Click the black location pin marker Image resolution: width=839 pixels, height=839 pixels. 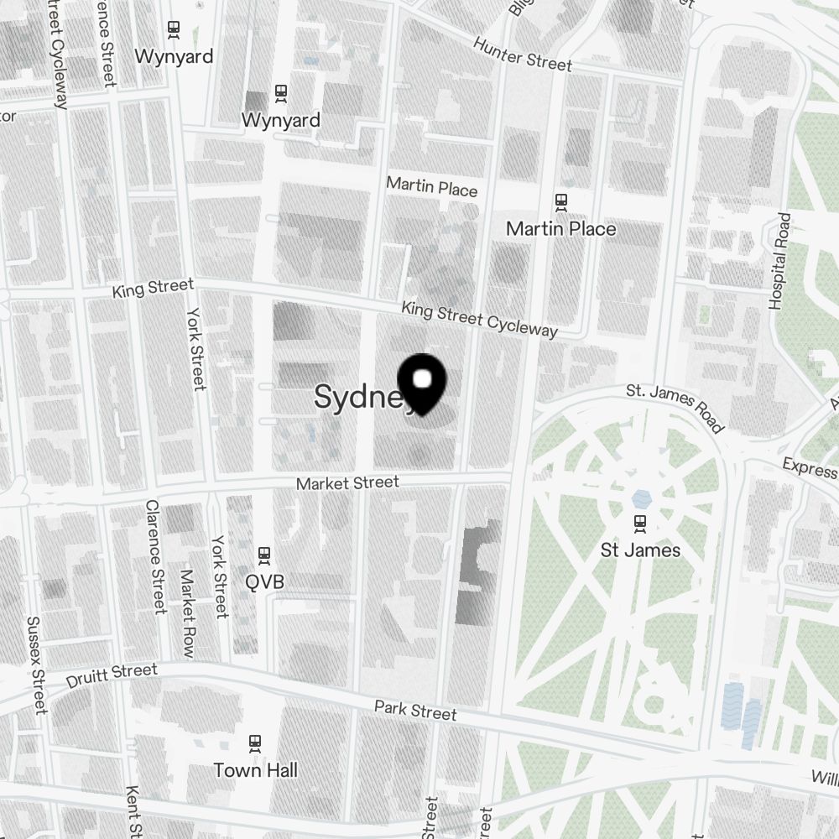pyautogui.click(x=423, y=383)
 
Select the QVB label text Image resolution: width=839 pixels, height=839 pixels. pyautogui.click(x=264, y=581)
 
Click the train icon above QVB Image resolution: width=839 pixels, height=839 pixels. pyautogui.click(x=264, y=554)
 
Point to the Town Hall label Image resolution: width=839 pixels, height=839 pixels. pyautogui.click(x=255, y=769)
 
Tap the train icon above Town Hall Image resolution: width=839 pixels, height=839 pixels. pyautogui.click(x=255, y=742)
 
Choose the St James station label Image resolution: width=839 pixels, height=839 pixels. pyautogui.click(x=641, y=550)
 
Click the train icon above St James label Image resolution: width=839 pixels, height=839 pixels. pyautogui.click(x=641, y=523)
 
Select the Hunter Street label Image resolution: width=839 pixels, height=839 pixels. pyautogui.click(x=522, y=54)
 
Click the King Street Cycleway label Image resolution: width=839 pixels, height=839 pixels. pyautogui.click(x=479, y=319)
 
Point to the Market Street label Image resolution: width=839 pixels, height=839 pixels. pyautogui.click(x=347, y=483)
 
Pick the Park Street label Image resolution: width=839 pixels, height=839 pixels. pyautogui.click(x=415, y=711)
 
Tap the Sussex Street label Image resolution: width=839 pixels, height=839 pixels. pyautogui.click(x=35, y=665)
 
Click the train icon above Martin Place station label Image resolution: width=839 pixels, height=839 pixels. pyautogui.click(x=560, y=201)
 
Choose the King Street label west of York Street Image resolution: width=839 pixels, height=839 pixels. pyautogui.click(x=154, y=289)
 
